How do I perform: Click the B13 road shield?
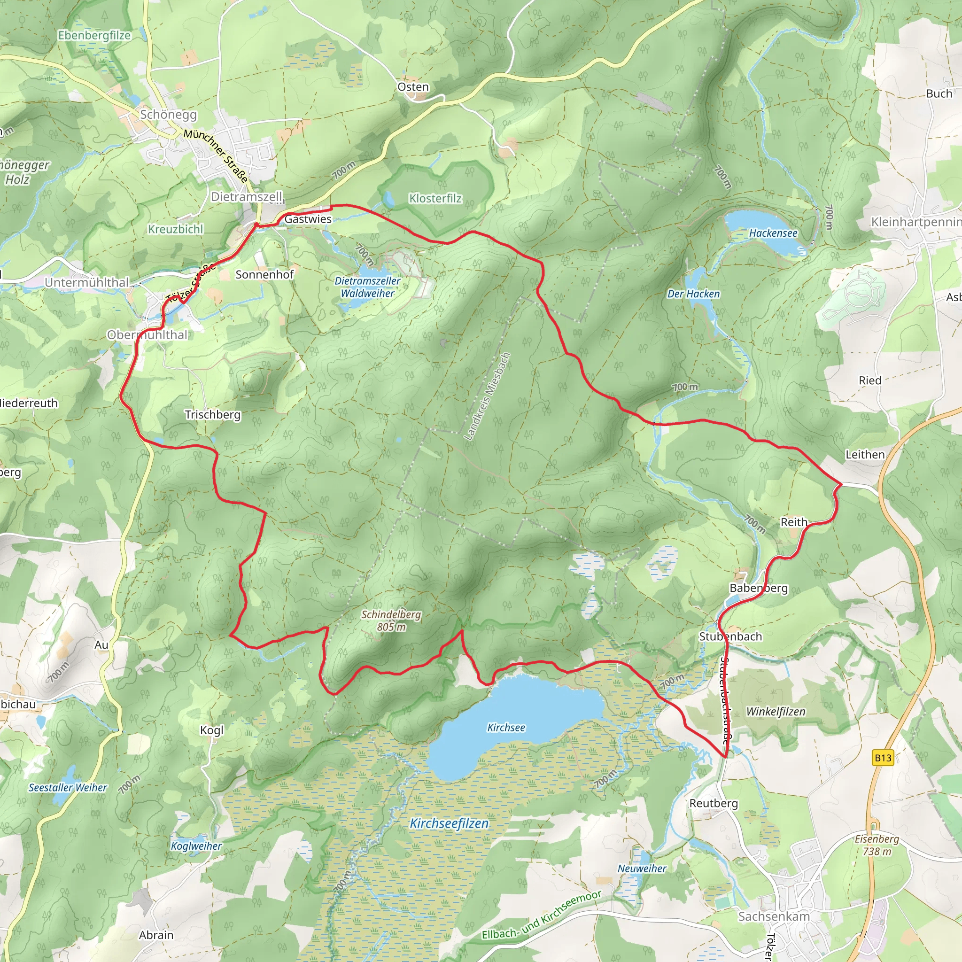[x=883, y=758]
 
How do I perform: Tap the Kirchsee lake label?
[x=506, y=728]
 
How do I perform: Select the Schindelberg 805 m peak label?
[x=391, y=621]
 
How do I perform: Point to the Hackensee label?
[x=773, y=233]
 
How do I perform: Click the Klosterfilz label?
[x=435, y=198]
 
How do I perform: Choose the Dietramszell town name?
[x=247, y=196]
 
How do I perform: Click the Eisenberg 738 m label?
[x=877, y=845]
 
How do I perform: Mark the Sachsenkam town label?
[x=774, y=916]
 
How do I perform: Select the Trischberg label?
[x=213, y=414]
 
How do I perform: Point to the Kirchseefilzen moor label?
[x=449, y=823]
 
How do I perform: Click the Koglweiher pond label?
[x=196, y=846]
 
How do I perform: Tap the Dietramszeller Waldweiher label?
[x=367, y=287]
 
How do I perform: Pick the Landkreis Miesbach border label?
[x=487, y=396]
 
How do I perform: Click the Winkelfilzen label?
[x=775, y=712]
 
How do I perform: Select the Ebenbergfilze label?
[x=94, y=35]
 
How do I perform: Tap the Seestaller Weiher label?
[x=68, y=788]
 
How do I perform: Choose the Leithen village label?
[x=865, y=454]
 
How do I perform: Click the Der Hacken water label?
[x=693, y=294]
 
